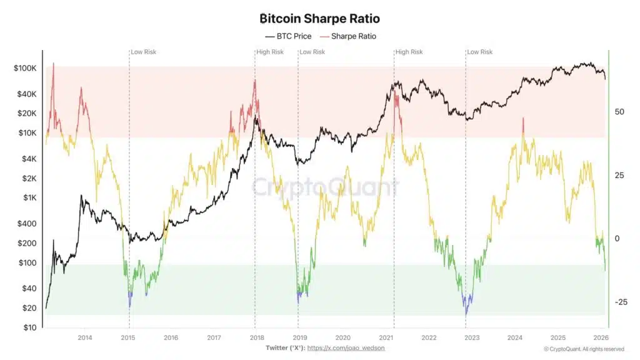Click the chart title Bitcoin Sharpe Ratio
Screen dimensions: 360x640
click(x=319, y=19)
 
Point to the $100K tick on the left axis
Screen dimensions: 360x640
click(x=26, y=68)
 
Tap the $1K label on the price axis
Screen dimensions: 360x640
click(x=30, y=197)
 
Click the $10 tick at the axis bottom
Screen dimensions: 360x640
click(x=30, y=327)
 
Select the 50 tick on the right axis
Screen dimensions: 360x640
click(x=619, y=112)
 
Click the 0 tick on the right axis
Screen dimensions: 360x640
click(x=617, y=239)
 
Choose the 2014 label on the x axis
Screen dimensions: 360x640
click(x=85, y=337)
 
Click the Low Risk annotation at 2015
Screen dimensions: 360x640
click(x=144, y=52)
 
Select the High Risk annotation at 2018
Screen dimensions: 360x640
click(x=270, y=52)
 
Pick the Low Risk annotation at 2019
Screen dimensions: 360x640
click(x=312, y=52)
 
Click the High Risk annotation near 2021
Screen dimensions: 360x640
click(x=409, y=52)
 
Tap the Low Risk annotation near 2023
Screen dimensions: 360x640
click(x=480, y=52)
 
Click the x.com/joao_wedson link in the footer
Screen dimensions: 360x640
click(x=346, y=347)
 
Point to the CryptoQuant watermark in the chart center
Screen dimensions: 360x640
click(x=324, y=187)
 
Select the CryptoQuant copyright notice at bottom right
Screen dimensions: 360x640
click(x=584, y=349)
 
